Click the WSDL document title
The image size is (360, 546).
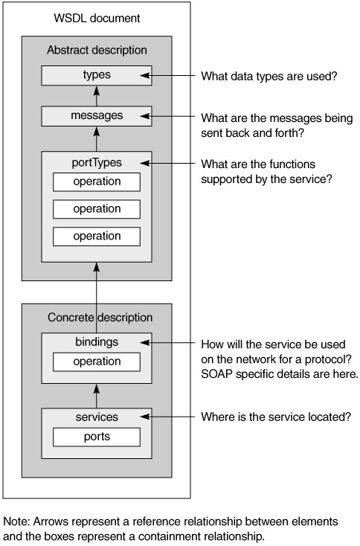(97, 18)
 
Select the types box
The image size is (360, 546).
(97, 75)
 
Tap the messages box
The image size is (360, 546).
(97, 116)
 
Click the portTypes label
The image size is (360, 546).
(97, 163)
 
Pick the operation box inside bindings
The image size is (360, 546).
(97, 362)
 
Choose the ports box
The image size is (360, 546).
(97, 437)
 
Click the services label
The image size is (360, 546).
(97, 417)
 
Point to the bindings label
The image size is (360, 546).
(97, 342)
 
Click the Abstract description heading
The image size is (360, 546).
(97, 50)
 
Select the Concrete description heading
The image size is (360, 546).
(100, 318)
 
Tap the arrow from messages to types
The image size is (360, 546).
(97, 96)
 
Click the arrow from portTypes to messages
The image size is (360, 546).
(97, 139)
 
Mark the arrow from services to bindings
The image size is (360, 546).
(97, 396)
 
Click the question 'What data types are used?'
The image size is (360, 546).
(269, 76)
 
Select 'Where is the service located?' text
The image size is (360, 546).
(276, 417)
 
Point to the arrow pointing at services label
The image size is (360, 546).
(167, 417)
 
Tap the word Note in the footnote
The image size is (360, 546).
(16, 521)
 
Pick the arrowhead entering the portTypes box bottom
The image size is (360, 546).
(97, 267)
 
